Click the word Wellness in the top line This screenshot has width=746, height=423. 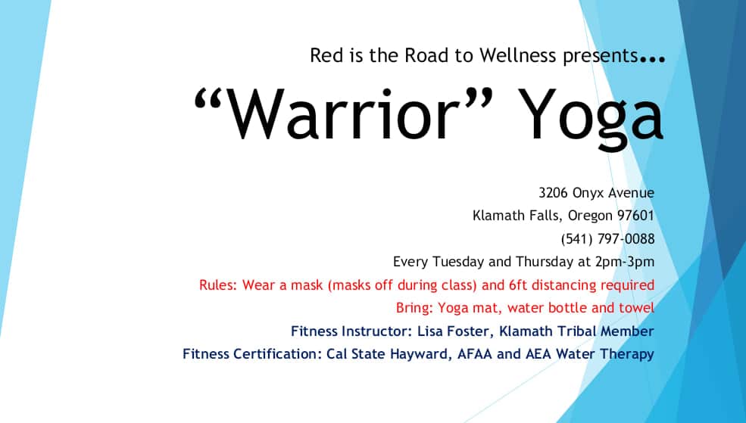click(x=517, y=55)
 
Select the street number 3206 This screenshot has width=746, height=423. click(x=554, y=193)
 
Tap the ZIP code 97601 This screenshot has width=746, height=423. click(x=635, y=216)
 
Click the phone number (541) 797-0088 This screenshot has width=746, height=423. click(x=607, y=238)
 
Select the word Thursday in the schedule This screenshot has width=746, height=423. click(x=545, y=262)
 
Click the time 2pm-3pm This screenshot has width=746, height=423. click(x=624, y=263)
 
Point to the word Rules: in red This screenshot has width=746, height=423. click(x=218, y=285)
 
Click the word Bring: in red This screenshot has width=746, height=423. click(x=414, y=309)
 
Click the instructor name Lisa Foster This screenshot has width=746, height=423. click(x=454, y=331)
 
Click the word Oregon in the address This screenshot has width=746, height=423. click(x=590, y=216)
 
